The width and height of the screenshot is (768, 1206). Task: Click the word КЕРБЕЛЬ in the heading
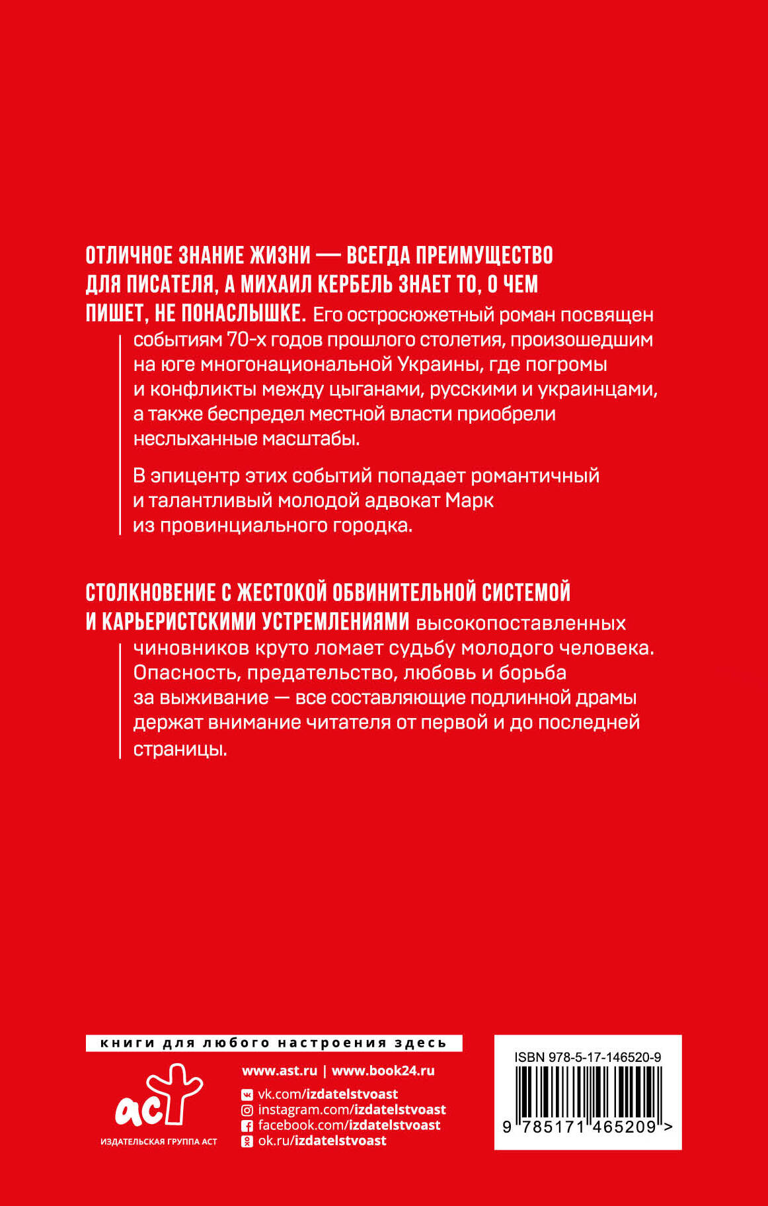click(x=355, y=284)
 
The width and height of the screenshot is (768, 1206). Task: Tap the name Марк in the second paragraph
click(x=469, y=501)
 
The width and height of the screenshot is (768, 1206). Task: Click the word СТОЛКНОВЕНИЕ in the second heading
click(x=151, y=592)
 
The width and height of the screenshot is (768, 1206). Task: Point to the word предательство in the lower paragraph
click(x=314, y=673)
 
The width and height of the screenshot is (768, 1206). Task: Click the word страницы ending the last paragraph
click(x=180, y=749)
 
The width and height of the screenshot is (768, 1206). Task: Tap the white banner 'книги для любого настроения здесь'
click(x=274, y=1043)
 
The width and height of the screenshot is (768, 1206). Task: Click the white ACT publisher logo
click(x=159, y=1096)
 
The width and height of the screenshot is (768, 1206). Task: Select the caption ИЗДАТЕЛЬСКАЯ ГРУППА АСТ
click(x=159, y=1142)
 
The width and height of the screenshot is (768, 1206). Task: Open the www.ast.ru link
click(x=280, y=1071)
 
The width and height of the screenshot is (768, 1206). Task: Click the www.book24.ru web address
click(x=383, y=1071)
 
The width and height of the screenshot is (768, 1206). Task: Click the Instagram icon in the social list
click(x=247, y=1111)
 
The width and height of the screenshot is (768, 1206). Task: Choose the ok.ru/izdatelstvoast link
click(x=322, y=1141)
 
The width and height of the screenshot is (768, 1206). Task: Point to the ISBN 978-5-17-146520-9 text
click(x=588, y=1057)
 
